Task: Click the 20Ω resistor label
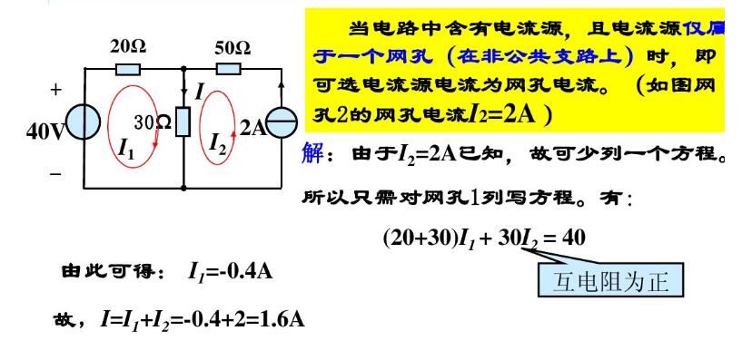coord(128,46)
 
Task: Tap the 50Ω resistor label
coord(232,46)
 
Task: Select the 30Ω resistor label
coord(153,122)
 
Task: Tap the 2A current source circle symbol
coord(282,128)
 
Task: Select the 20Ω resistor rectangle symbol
coord(128,67)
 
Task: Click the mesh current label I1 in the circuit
coord(126,150)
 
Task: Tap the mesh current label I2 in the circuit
coord(218,142)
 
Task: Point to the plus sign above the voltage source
coord(56,91)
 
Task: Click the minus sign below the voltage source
coord(56,173)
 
